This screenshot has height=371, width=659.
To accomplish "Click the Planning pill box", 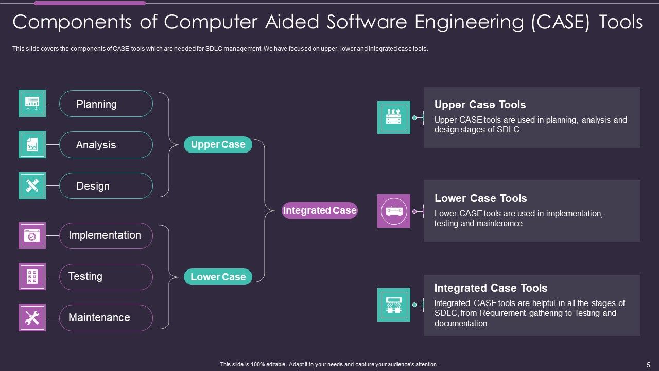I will (106, 104).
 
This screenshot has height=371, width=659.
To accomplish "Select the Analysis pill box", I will (106, 145).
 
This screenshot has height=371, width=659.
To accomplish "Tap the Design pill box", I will (106, 186).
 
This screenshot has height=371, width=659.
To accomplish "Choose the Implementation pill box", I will (106, 235).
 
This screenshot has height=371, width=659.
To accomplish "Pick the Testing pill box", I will (106, 277).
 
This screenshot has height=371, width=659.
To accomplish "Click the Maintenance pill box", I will (106, 317).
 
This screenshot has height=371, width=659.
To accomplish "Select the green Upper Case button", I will (218, 145).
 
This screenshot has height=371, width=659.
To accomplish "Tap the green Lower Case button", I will (218, 277).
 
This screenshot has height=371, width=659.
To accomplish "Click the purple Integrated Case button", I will (320, 210).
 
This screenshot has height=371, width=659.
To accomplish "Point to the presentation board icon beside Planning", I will (32, 104).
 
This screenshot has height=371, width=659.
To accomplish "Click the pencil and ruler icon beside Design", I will (32, 185).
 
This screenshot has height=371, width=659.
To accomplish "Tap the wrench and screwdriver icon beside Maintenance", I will (32, 317).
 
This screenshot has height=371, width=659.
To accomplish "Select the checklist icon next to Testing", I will (32, 277).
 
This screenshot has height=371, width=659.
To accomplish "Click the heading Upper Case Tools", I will (480, 105).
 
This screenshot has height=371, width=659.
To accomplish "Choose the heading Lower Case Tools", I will (480, 198).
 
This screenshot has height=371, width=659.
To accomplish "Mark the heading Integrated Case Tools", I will (491, 288).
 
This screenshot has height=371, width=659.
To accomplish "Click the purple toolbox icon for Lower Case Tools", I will (394, 211).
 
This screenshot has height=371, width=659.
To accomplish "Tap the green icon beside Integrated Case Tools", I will (394, 305).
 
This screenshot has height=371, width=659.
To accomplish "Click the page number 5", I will (648, 364).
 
